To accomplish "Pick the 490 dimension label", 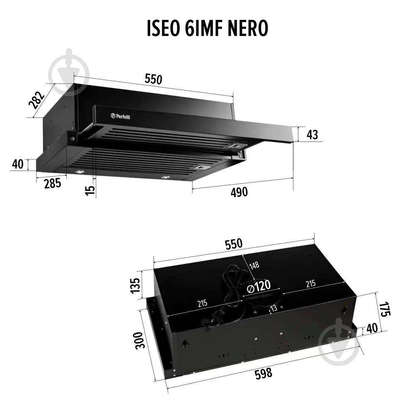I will pyautogui.click(x=239, y=192).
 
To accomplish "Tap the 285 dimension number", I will pyautogui.click(x=53, y=183).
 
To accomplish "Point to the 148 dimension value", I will pyautogui.click(x=254, y=264).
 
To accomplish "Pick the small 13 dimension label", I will pyautogui.click(x=274, y=308).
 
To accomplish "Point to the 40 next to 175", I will pyautogui.click(x=372, y=328).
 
